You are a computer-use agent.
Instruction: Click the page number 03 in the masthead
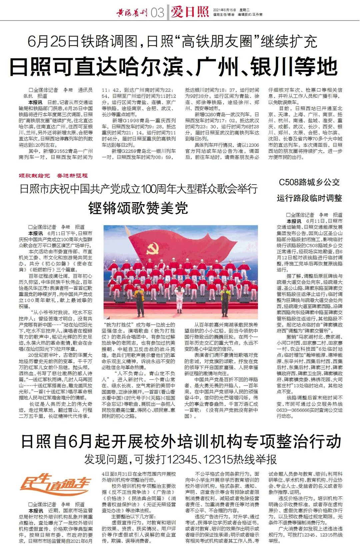point(157,13)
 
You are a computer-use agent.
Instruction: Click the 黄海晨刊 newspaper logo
point(132,13)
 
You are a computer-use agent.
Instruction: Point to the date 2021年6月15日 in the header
point(224,10)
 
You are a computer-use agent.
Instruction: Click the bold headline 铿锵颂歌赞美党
point(138,208)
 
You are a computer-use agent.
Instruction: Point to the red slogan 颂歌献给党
point(34,176)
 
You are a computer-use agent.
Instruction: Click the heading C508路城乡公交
point(309,182)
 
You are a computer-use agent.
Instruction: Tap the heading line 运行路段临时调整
point(309,198)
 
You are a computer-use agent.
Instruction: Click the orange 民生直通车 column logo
point(55,485)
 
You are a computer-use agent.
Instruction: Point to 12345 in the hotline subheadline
point(182,459)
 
